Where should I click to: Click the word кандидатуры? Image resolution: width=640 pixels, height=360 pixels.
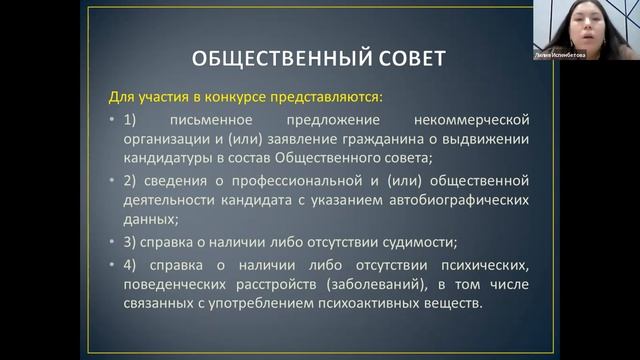click(x=169, y=158)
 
